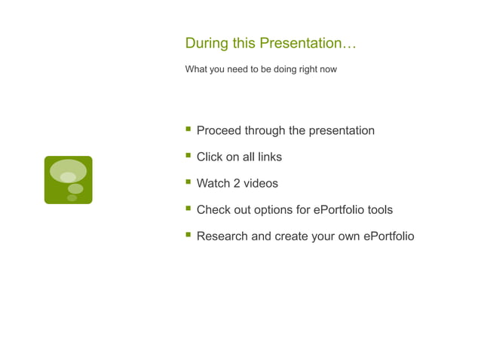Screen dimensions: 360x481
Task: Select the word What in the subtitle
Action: coord(195,69)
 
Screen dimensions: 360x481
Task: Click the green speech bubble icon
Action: coord(68,180)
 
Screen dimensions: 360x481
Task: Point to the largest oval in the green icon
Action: coord(68,170)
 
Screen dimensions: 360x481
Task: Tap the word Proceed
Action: coord(219,131)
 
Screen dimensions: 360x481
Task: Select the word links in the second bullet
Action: coord(269,157)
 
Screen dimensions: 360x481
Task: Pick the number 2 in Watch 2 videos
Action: coord(235,184)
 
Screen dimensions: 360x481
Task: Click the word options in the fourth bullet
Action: coord(273,210)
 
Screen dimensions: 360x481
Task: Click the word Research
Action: coord(222,236)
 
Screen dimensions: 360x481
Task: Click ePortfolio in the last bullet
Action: coord(388,236)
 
